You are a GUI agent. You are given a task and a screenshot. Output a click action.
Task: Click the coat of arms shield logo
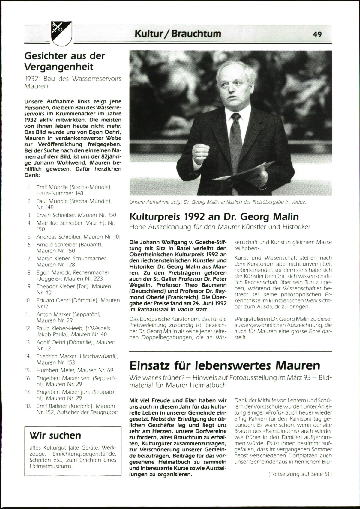click(x=61, y=33)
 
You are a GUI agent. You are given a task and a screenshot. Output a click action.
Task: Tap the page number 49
click(x=317, y=34)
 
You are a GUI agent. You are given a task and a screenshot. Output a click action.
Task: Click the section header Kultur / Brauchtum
click(x=178, y=34)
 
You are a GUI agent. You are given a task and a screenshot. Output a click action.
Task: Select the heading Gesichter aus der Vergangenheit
click(x=64, y=61)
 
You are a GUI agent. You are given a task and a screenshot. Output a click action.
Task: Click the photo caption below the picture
click(x=217, y=202)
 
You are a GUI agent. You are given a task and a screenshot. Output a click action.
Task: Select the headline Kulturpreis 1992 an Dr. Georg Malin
click(x=214, y=217)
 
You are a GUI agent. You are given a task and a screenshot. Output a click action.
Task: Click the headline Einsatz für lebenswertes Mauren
click(x=225, y=365)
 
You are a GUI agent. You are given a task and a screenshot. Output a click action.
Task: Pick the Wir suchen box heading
click(x=55, y=435)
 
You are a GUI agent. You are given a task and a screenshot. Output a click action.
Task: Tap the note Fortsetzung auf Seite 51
click(x=300, y=474)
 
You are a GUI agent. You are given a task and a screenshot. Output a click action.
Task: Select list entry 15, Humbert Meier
click(x=75, y=370)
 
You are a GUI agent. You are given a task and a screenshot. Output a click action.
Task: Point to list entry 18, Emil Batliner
click(x=76, y=409)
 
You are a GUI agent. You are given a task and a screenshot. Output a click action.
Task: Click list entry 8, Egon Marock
click(x=73, y=275)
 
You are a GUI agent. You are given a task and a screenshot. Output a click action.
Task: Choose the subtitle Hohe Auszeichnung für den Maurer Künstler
click(x=220, y=227)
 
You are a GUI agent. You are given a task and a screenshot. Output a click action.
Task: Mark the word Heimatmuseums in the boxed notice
click(x=51, y=466)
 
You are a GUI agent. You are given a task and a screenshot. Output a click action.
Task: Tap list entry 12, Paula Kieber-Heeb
click(x=73, y=331)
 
